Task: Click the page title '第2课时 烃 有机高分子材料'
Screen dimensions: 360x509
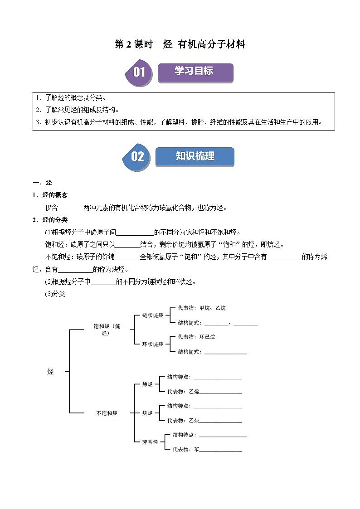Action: coord(180,44)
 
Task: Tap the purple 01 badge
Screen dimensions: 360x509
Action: coord(138,73)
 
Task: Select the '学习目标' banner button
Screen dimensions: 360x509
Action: coord(195,72)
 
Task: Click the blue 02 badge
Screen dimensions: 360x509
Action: coord(136,157)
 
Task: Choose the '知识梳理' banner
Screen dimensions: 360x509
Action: coord(195,156)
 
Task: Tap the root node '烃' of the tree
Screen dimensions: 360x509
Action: coord(50,372)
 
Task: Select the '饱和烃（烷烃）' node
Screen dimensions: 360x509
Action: coord(107,330)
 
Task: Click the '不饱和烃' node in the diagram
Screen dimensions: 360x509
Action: coord(107,413)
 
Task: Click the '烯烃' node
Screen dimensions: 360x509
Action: coord(147,384)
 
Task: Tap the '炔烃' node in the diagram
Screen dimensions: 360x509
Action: coord(147,413)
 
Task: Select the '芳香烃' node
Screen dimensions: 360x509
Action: coord(150,442)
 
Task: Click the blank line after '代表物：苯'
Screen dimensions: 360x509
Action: coord(220,451)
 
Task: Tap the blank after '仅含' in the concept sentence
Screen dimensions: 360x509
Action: coord(71,208)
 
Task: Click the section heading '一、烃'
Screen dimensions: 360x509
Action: coord(43,183)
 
